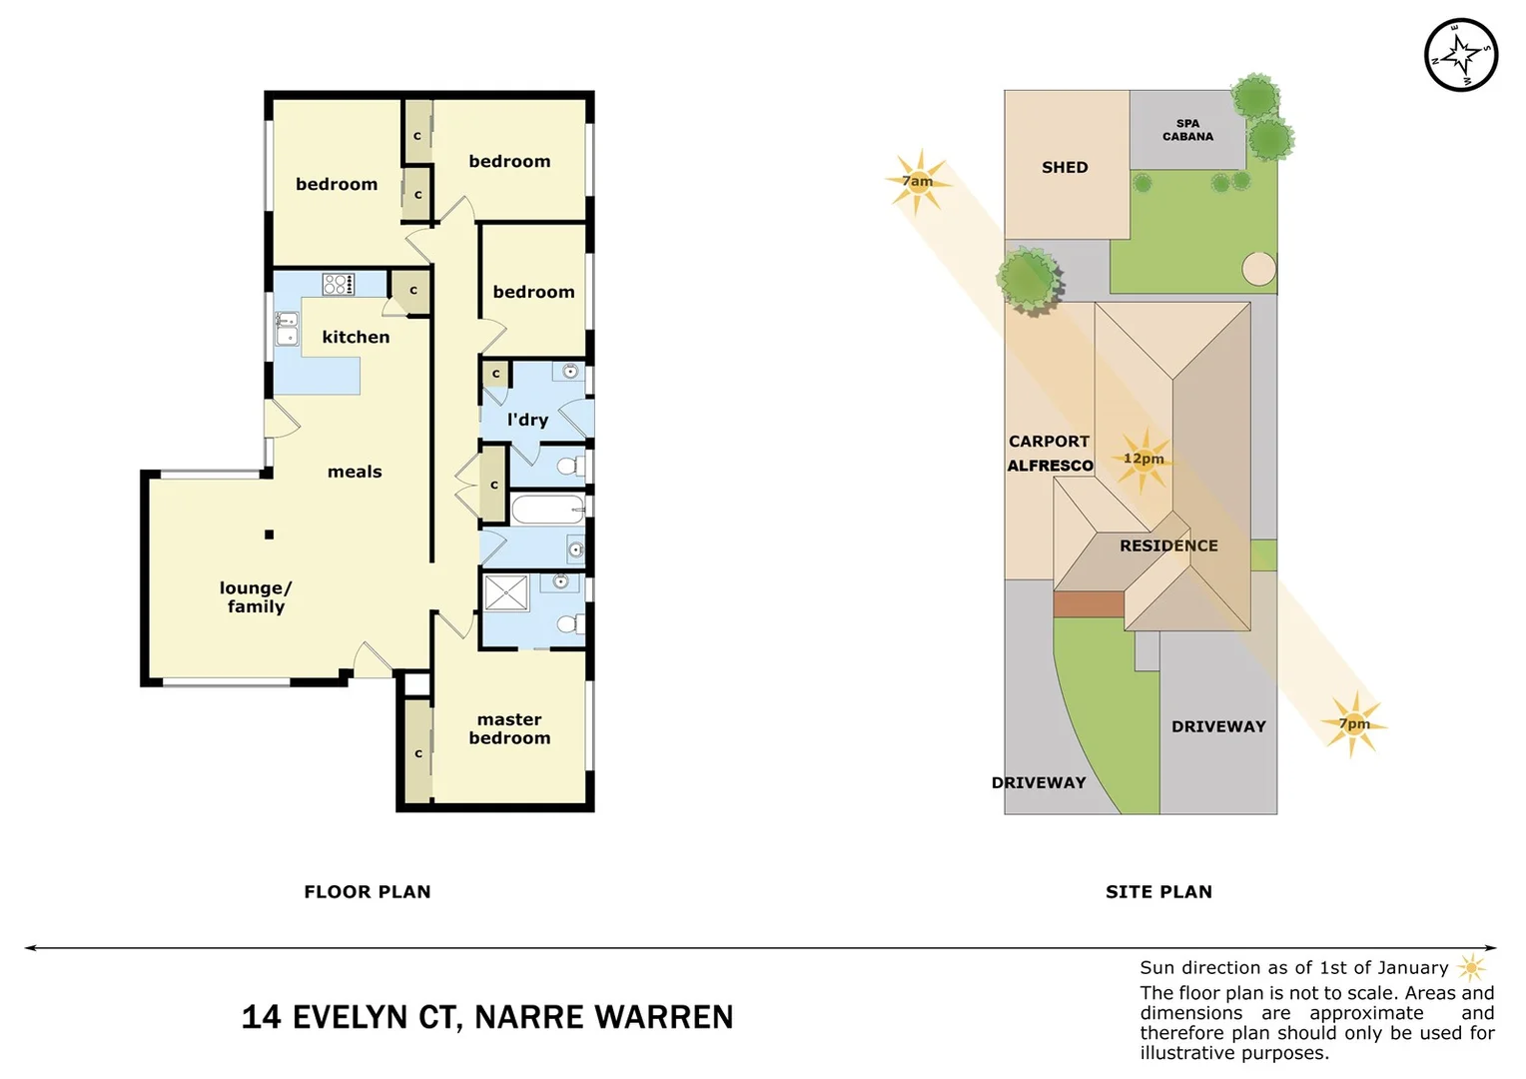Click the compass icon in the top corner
pos(1460,55)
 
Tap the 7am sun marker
pos(918,181)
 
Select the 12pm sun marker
pos(1144,459)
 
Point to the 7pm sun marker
pos(1354,723)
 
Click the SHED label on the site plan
pos(1065,168)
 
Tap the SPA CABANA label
pos(1187,130)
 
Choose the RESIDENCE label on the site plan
pos(1168,545)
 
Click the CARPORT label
pos(1049,442)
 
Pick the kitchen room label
pos(356,337)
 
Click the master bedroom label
pos(509,728)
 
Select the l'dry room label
pos(527,420)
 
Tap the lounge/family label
pos(256,596)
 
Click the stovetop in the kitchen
pos(338,284)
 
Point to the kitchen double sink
pos(287,328)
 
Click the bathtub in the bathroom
pos(547,510)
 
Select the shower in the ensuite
pos(506,592)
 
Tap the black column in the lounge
pos(269,535)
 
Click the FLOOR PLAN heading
pos(368,891)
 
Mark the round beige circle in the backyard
pos(1258,269)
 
